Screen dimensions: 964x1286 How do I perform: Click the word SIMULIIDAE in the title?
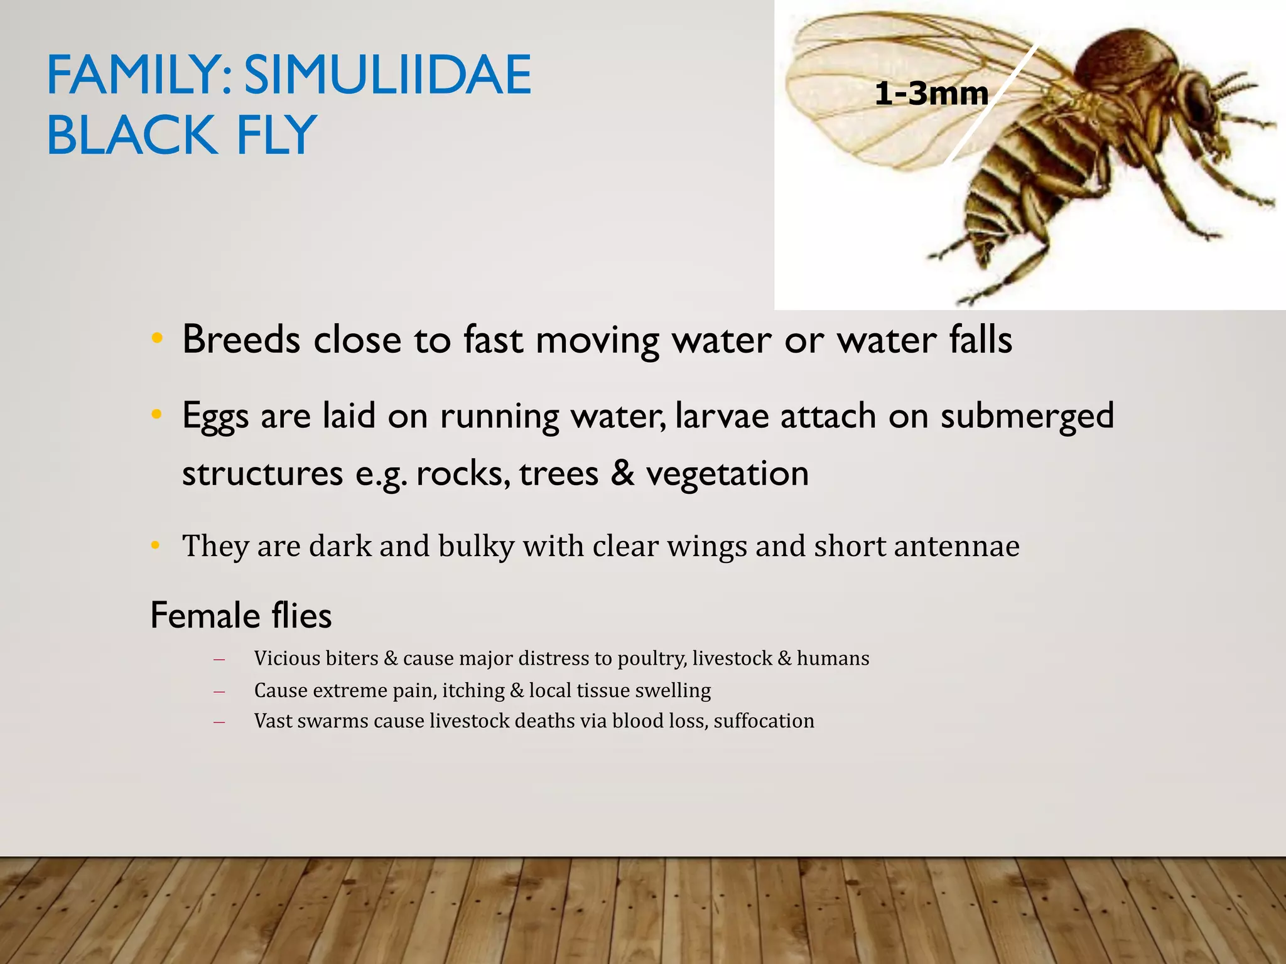coord(387,75)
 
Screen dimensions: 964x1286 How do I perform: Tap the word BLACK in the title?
coord(131,136)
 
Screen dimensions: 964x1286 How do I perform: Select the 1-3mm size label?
coord(931,94)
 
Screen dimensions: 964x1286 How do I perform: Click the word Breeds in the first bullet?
coord(241,340)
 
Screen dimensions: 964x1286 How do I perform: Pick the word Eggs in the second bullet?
coord(215,417)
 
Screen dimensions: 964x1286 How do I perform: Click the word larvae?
coord(721,417)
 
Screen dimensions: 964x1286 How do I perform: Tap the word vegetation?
coord(727,474)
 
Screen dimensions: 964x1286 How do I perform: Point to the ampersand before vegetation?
coord(622,474)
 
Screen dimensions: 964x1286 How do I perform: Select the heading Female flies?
coord(241,616)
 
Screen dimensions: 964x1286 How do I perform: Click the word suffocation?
coord(764,721)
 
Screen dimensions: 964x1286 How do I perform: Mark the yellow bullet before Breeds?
coord(157,339)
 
